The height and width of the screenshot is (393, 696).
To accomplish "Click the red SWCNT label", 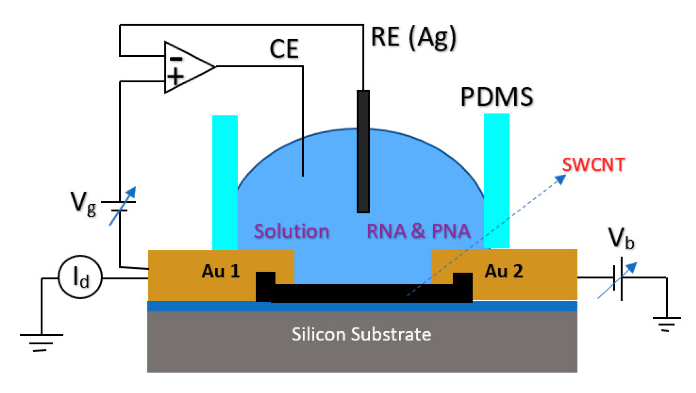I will point(593,165).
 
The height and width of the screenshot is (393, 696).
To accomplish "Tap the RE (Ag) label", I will point(413,37).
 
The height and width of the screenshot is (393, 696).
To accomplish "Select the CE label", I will point(284,49).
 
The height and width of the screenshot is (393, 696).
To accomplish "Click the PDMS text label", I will point(497,97).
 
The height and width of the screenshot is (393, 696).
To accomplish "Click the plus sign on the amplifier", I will point(176,76).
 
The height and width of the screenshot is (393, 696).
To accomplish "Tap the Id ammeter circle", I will point(80,277).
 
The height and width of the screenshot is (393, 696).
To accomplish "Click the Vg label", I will point(83,204).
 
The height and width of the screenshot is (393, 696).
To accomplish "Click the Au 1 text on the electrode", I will point(221,271).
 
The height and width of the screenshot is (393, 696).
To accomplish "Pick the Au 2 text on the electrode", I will point(504,271).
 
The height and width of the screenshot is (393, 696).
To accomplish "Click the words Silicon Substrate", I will point(361,334).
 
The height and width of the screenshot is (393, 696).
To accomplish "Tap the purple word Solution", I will point(291,231).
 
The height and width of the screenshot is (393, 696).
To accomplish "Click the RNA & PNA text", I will point(418,231).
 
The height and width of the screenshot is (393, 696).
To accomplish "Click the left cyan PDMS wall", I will point(225,182).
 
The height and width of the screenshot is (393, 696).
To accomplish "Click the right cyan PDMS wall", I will point(496,180).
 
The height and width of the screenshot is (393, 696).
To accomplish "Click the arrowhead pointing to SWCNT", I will point(561,179).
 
